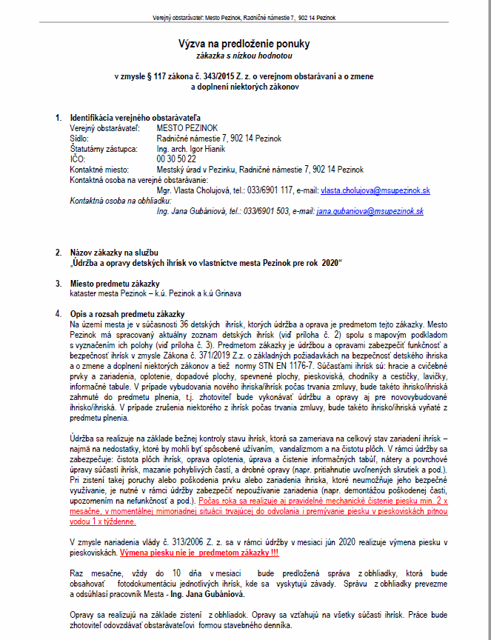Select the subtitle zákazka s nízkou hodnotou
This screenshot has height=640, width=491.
pos(245,56)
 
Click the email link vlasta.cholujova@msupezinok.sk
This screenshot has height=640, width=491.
pos(375,190)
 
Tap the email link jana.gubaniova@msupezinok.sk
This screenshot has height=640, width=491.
pos(370,211)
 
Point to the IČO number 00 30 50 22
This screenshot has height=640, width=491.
pos(176,159)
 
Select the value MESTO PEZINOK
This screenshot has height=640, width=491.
pos(188,128)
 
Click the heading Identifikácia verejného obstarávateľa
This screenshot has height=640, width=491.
pos(135,118)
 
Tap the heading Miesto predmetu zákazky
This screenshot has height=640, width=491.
pos(115,284)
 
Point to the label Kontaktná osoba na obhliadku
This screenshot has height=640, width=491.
pos(120,201)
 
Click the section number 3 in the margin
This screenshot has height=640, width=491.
pos(59,284)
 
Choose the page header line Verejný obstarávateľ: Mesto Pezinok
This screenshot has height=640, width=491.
pos(244,17)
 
